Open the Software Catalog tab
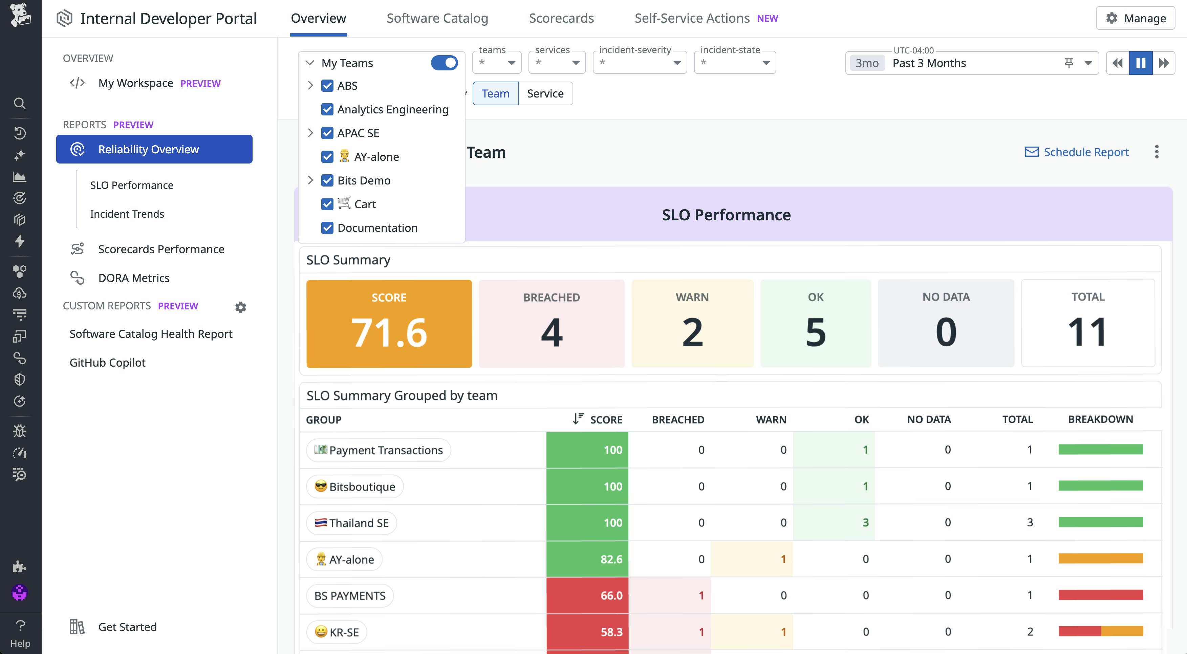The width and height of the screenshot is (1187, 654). pos(437,18)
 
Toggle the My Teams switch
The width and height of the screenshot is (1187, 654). pos(444,63)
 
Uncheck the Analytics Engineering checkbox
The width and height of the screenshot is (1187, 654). pos(327,110)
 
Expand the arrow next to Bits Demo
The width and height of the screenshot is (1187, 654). pos(310,180)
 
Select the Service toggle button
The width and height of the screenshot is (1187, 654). pos(545,93)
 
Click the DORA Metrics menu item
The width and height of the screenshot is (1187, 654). pos(134,278)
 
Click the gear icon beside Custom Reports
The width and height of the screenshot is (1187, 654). pos(240,307)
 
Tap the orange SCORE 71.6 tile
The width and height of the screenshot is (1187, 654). pos(389,324)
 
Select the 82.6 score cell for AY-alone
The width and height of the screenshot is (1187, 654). pos(587,559)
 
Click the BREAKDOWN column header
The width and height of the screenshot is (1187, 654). pos(1100,419)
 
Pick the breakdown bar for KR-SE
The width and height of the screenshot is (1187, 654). pos(1100,631)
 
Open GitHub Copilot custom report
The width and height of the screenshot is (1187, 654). pos(107,363)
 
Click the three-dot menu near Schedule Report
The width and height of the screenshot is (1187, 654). pos(1157,152)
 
